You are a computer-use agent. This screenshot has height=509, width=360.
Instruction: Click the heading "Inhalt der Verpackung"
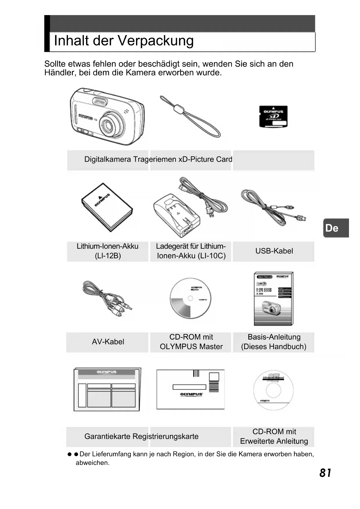124,41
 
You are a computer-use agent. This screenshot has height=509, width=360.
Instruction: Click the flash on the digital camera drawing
100,102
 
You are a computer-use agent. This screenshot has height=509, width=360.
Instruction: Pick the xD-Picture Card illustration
273,116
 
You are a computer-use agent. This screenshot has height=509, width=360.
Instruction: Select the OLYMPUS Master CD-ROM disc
190,298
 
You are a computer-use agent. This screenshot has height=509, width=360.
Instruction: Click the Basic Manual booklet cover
273,299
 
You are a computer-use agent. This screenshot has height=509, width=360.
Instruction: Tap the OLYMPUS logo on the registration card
191,394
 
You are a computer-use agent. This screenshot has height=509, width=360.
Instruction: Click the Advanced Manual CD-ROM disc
273,390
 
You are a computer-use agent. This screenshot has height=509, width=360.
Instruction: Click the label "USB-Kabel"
274,251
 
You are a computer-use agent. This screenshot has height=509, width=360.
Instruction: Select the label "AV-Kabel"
108,342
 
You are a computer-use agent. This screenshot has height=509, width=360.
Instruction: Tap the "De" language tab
336,228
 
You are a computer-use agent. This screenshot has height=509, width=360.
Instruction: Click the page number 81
325,473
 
